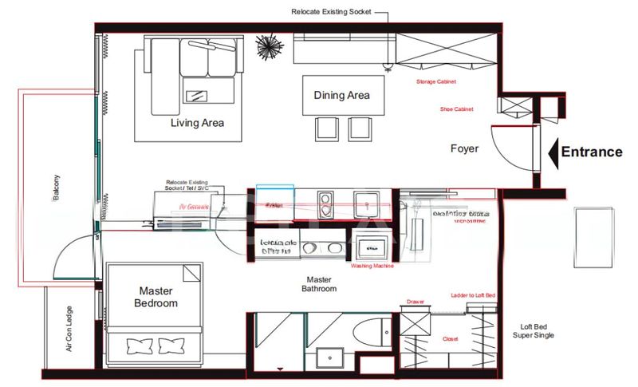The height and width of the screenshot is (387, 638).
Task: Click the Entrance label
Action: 591,152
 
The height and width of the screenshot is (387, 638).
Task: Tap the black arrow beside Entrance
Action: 553,152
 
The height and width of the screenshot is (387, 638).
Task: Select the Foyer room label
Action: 464,148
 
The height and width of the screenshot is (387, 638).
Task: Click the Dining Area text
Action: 341,96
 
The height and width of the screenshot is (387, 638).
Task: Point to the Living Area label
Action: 197,123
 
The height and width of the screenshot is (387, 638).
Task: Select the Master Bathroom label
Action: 319,284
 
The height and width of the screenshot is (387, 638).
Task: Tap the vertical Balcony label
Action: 57,188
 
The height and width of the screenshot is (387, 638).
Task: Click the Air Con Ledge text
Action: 69,328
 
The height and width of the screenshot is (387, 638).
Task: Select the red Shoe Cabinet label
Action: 456,109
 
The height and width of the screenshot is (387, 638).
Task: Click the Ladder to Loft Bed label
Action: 473,295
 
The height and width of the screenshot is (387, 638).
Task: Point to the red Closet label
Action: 451,339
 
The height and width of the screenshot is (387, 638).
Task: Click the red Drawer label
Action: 415,302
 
